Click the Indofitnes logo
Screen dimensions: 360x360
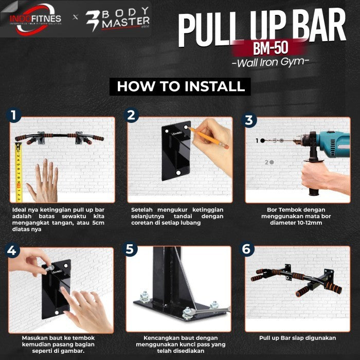34,19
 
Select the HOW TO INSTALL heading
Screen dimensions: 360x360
181,86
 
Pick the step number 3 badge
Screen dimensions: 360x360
249,120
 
